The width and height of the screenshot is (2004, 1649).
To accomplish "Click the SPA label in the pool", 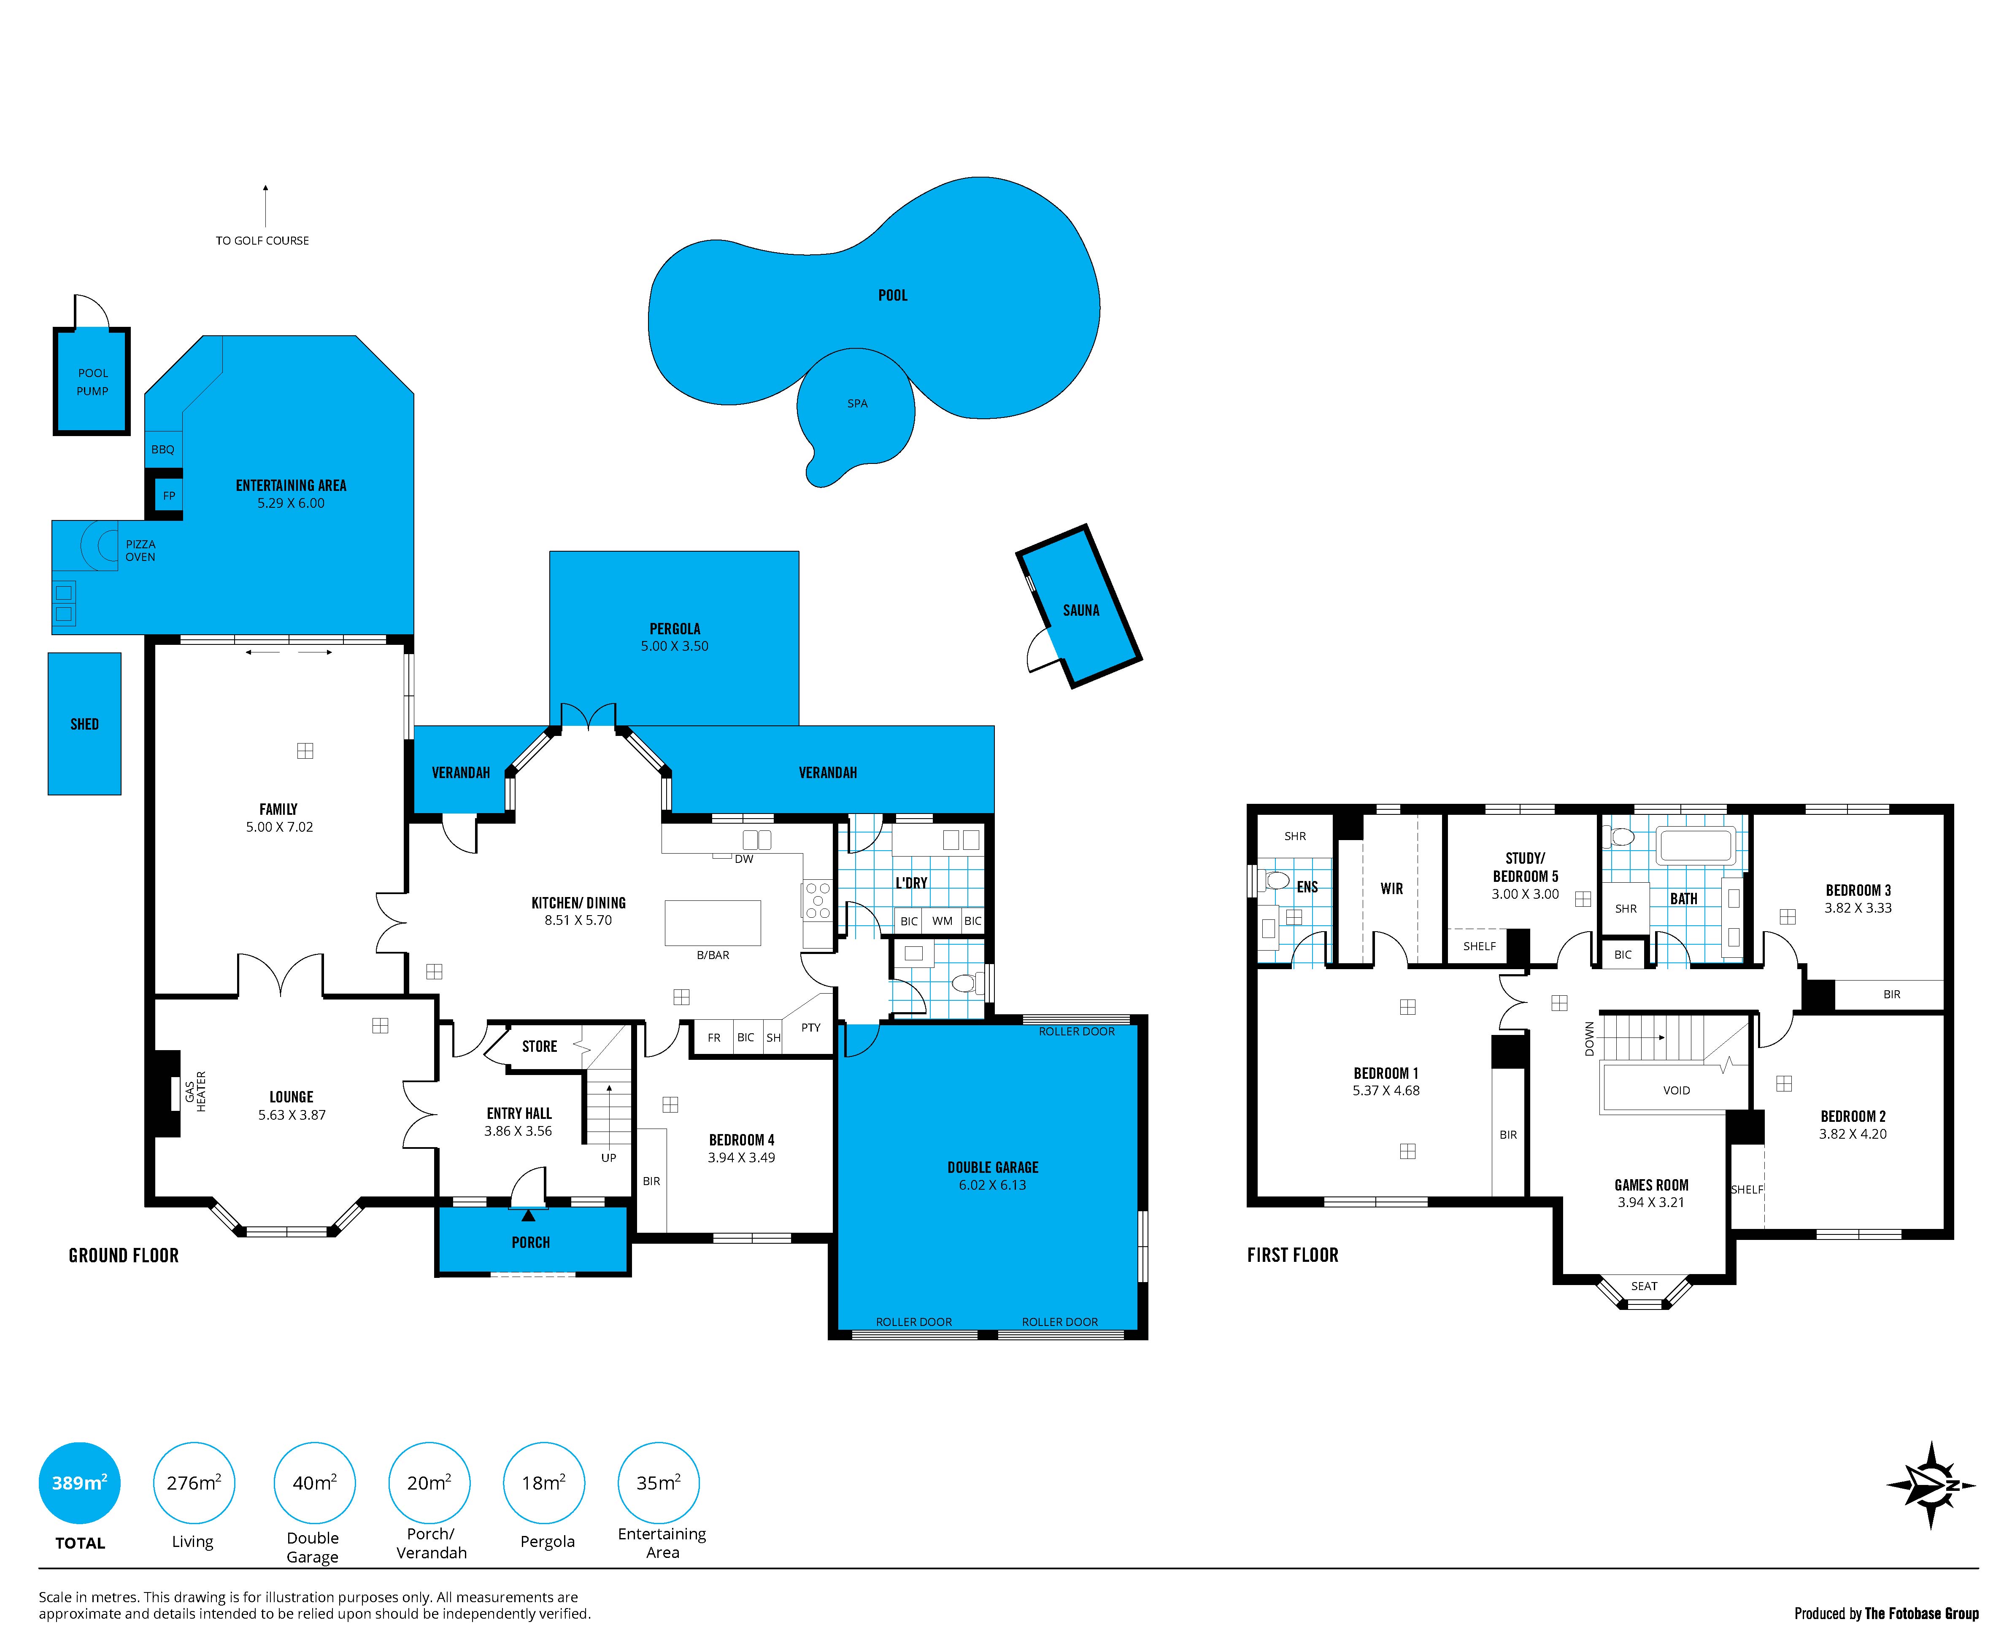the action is [x=857, y=404].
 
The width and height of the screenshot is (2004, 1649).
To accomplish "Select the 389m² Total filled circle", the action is [x=80, y=1483].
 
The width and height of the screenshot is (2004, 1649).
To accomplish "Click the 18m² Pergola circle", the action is [x=543, y=1483].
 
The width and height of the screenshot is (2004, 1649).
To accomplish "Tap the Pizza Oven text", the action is [x=140, y=551].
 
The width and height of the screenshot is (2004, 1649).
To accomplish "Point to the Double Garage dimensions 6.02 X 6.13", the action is [x=992, y=1186].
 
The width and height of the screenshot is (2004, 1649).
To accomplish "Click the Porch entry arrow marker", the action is [x=528, y=1215].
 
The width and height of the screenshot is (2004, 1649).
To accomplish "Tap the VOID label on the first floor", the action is [x=1676, y=1091].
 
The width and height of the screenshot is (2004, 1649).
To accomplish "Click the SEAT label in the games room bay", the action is [x=1644, y=1286].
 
